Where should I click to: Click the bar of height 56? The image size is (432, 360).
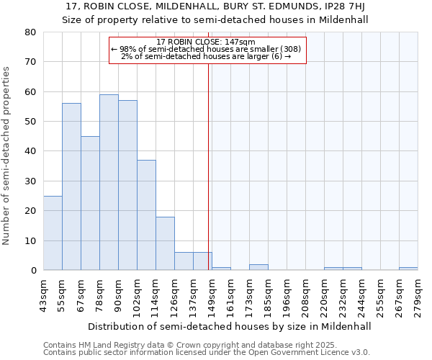(x=71, y=186)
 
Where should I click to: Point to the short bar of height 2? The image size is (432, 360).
(x=258, y=267)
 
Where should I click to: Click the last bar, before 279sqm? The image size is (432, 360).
(x=408, y=269)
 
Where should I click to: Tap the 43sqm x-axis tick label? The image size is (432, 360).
(x=43, y=295)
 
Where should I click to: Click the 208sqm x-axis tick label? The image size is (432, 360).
(x=305, y=295)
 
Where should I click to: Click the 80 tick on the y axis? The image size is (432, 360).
(x=31, y=32)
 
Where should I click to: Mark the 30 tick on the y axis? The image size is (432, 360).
(x=31, y=181)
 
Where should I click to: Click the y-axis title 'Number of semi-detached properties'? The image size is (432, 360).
(x=7, y=156)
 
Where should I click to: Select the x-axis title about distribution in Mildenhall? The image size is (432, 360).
(x=230, y=326)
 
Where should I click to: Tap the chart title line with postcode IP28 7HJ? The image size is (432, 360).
(x=215, y=6)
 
